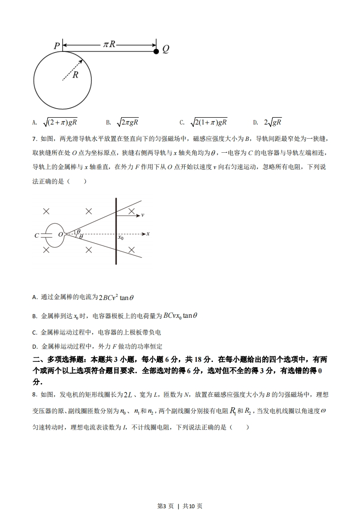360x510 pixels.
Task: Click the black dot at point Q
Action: [156, 51]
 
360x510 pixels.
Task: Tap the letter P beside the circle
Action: [57, 46]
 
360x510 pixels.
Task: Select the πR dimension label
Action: [109, 44]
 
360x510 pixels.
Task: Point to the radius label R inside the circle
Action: [75, 75]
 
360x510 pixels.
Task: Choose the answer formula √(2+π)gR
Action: [60, 122]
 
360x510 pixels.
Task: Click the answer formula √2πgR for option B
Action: [128, 122]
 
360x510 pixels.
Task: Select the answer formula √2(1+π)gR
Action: [208, 122]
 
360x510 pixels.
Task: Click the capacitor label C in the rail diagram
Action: [36, 235]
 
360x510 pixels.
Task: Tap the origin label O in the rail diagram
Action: [60, 235]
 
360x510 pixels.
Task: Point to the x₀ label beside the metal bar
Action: [121, 237]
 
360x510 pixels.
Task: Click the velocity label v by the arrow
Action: [143, 215]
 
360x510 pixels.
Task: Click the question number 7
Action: [35, 139]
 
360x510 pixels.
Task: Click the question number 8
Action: [35, 394]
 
